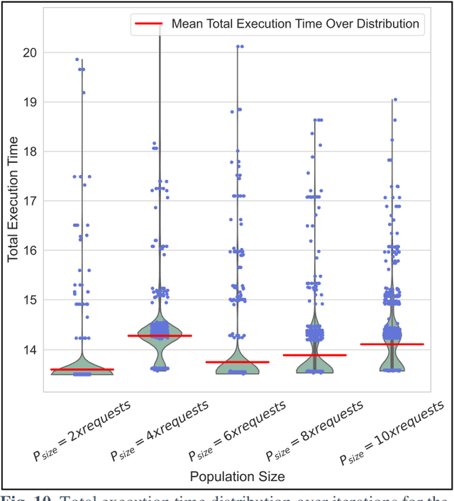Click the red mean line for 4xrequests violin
pos(160,335)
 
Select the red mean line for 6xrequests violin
pos(237,361)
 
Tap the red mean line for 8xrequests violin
pos(315,354)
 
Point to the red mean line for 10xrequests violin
pos(392,344)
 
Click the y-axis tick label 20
pos(31,52)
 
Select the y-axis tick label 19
pos(31,102)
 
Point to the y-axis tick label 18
pos(31,152)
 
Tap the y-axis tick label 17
pos(31,201)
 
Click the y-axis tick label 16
pos(31,250)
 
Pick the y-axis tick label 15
pos(31,300)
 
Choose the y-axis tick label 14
pos(31,349)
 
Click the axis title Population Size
pos(237,477)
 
